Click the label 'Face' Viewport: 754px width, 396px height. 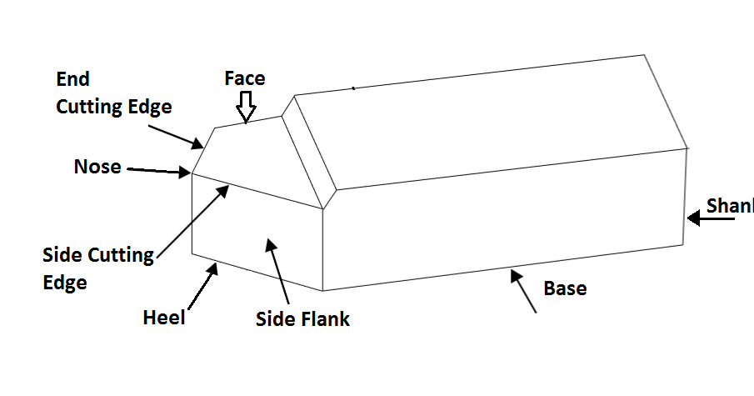245,78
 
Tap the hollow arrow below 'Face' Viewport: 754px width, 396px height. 245,106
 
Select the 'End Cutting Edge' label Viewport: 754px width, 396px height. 113,93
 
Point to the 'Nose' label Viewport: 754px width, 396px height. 97,167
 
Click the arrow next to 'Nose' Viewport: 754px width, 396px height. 158,170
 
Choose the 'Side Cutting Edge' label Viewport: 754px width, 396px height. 98,268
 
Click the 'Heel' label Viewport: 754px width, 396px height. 163,318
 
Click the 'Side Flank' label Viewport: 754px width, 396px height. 302,319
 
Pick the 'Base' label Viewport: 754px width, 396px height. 565,288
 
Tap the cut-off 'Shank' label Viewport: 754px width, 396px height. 730,205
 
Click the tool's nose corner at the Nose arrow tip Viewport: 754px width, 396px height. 192,173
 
